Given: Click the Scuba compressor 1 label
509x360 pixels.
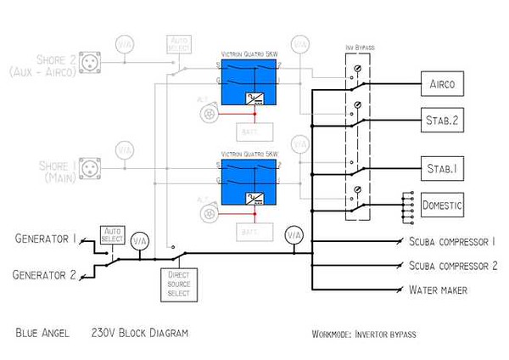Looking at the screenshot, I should click(451, 242).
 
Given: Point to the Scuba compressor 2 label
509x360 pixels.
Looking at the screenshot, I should click(451, 266).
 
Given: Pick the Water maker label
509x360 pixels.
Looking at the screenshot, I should click(438, 290).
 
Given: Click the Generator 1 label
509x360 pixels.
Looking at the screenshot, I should click(45, 239).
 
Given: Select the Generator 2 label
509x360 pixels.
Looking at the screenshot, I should click(45, 274).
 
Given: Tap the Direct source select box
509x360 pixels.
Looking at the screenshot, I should click(178, 284).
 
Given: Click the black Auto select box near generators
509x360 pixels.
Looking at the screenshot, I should click(112, 234).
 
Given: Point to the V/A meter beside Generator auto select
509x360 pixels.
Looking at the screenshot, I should click(140, 242).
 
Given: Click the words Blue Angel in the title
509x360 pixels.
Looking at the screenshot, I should click(42, 332).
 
